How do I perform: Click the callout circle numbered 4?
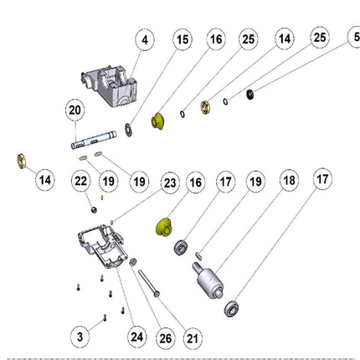[x=145, y=40]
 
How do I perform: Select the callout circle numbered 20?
[x=75, y=111]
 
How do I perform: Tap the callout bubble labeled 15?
[x=183, y=39]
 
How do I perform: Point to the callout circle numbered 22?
[x=80, y=182]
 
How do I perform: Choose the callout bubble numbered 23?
[x=170, y=183]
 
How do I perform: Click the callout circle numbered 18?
[x=289, y=181]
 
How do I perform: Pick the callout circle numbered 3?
[x=80, y=337]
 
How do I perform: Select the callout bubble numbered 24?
[x=136, y=337]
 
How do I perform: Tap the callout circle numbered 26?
[x=165, y=338]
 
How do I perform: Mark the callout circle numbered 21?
[x=193, y=339]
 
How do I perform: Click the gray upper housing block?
[x=110, y=86]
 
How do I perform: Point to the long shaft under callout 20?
[x=94, y=140]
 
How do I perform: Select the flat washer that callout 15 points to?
[x=129, y=130]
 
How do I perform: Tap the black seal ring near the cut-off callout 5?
[x=250, y=95]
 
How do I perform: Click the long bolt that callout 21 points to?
[x=149, y=283]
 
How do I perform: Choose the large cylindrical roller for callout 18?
[x=208, y=280]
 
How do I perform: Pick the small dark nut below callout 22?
[x=94, y=210]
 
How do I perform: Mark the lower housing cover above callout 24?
[x=102, y=246]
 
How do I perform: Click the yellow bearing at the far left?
[x=22, y=162]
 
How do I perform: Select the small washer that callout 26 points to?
[x=133, y=262]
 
